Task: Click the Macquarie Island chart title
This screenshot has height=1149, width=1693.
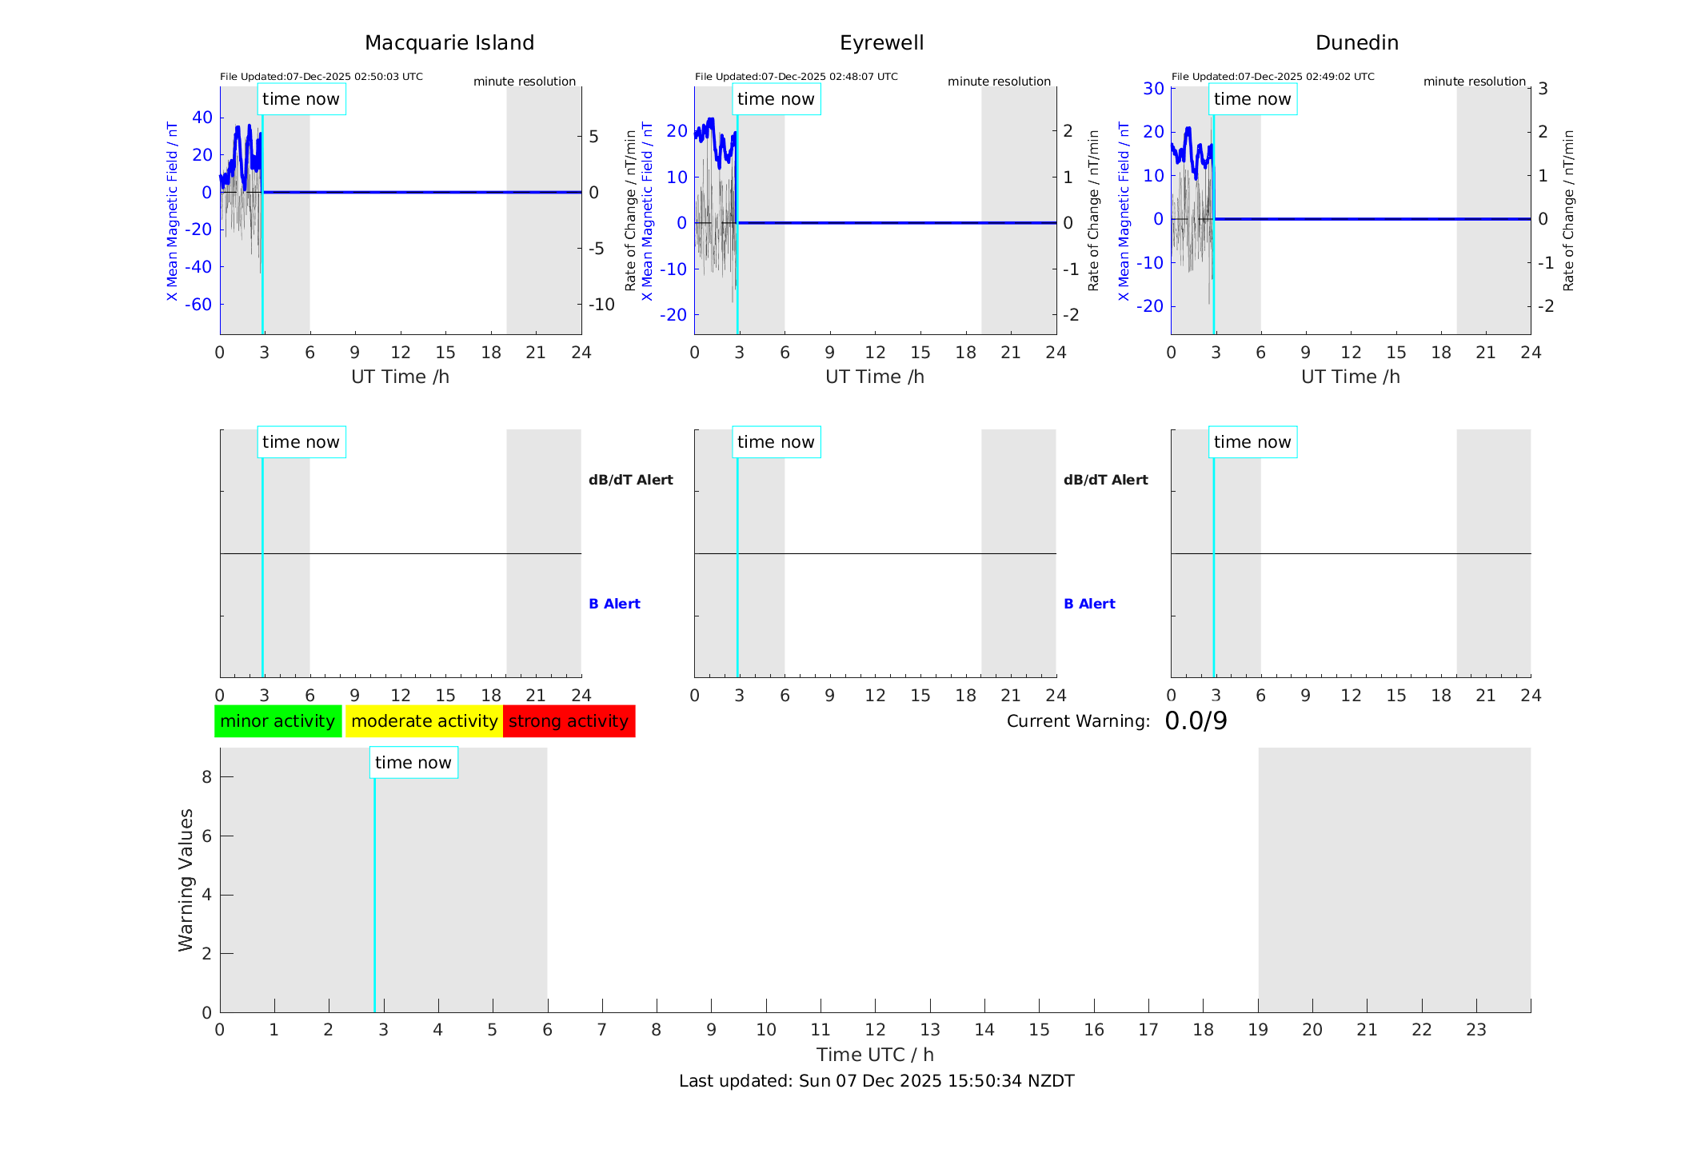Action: tap(449, 43)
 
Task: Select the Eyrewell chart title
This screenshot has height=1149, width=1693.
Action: tap(881, 43)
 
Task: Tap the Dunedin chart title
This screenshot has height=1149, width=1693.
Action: tap(1356, 43)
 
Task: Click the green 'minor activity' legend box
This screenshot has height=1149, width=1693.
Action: tap(278, 721)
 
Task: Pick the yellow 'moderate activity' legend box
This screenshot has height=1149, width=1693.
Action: tap(424, 721)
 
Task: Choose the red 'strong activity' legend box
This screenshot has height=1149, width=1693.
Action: tap(569, 721)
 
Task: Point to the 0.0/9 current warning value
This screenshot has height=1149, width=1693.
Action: tap(1196, 721)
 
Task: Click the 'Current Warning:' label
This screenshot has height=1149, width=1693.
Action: tap(1078, 721)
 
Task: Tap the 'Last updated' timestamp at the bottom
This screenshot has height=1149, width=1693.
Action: tap(876, 1081)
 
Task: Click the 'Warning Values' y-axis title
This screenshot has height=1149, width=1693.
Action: tap(186, 880)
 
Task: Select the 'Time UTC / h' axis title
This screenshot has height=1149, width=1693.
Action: tap(875, 1055)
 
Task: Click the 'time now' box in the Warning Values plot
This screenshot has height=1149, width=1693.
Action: tap(413, 763)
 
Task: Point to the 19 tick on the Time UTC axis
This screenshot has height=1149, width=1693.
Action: tap(1258, 1030)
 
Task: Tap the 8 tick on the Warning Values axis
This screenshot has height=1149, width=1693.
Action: tap(206, 776)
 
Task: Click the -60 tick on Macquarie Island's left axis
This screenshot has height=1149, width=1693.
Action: tap(198, 305)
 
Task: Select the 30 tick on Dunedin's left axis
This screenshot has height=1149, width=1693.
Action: tap(1153, 88)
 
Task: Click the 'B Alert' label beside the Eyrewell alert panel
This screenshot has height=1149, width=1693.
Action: tap(1089, 604)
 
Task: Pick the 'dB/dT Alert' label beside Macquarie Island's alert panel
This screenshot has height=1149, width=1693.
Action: tap(630, 480)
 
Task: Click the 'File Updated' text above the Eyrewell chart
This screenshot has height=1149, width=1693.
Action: tap(796, 77)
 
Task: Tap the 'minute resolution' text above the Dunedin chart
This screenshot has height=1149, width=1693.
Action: tap(1474, 82)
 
